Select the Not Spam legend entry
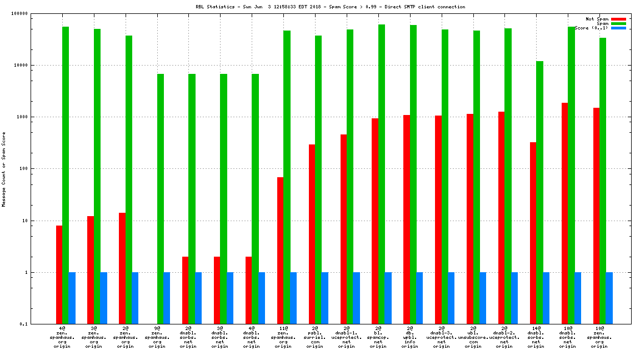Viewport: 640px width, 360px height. tap(597, 19)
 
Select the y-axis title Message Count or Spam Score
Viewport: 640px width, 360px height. tap(4, 169)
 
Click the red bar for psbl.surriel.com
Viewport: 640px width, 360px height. tap(312, 234)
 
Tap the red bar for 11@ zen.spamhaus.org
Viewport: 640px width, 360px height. tap(281, 251)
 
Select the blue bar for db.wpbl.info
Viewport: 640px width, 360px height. tap(419, 298)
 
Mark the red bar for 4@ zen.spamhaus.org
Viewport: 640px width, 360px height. tap(59, 274)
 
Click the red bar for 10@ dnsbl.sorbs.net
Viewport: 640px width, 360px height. tap(564, 213)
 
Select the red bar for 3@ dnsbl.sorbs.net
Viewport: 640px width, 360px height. tap(217, 290)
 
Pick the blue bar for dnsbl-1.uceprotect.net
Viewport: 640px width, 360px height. tap(357, 298)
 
